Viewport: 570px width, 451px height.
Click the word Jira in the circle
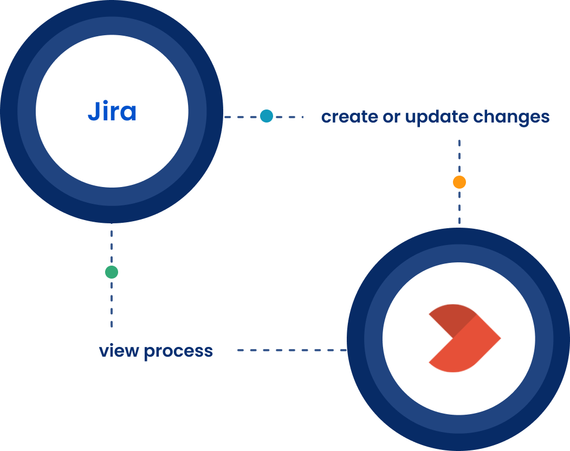(112, 112)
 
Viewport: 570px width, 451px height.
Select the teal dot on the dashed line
(266, 116)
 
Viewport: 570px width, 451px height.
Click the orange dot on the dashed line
(459, 182)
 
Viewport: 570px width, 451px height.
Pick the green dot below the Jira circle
(111, 272)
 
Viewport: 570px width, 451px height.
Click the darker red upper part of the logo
(451, 319)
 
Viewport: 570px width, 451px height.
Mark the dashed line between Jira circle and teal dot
(241, 116)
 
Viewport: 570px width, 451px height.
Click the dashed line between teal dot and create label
(288, 116)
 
